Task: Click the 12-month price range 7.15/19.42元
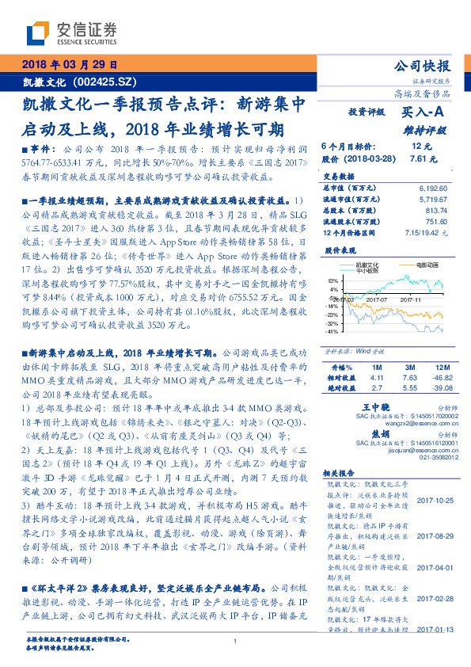[428, 234]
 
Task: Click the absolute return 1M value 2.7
[377, 389]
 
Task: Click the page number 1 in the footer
[235, 641]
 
